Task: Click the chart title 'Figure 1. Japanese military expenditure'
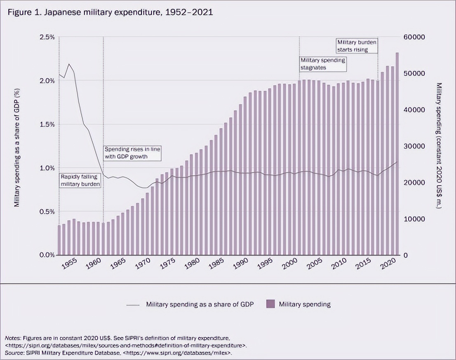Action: [110, 12]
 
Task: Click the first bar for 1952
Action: [59, 240]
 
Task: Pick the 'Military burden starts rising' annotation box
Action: [357, 46]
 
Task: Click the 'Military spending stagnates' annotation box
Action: [323, 63]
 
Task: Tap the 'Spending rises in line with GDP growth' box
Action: [132, 153]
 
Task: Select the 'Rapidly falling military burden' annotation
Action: [80, 180]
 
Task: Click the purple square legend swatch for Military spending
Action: [270, 304]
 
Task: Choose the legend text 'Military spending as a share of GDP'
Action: [200, 304]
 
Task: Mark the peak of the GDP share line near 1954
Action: [69, 64]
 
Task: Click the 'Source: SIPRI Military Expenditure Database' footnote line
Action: [120, 353]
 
